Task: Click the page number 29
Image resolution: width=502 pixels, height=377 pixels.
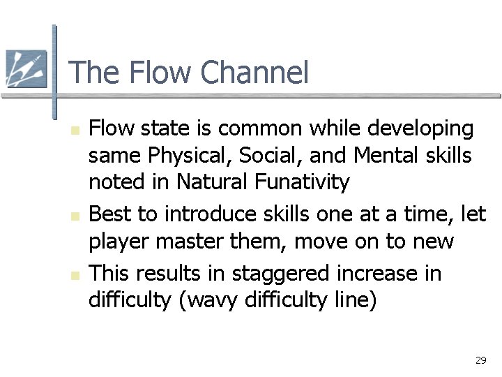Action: tap(480, 360)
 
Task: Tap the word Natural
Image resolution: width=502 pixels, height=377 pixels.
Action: tap(210, 182)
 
